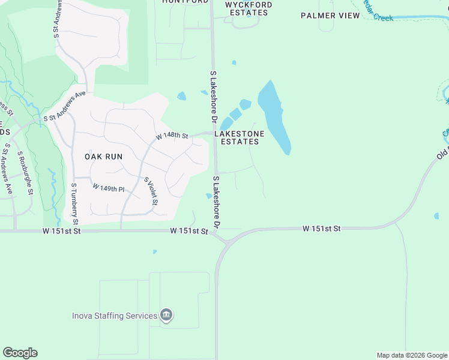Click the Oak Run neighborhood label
pos(103,157)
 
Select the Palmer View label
pos(330,16)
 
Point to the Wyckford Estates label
pos(248,8)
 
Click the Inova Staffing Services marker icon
pos(167,315)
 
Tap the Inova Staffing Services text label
pos(115,316)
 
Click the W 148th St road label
pos(172,136)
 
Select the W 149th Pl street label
pos(108,188)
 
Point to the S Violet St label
pos(151,190)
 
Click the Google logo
pos(20,353)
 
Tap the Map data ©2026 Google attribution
pos(411,355)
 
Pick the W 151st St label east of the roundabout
pos(321,229)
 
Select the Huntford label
pos(185,2)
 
